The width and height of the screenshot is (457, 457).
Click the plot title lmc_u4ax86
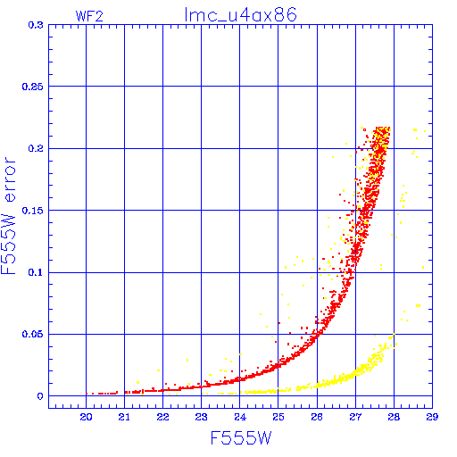(x=240, y=15)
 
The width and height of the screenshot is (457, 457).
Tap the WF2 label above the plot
(x=89, y=16)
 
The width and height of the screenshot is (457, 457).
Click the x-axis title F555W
(x=241, y=437)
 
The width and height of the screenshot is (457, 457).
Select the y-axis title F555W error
(x=8, y=215)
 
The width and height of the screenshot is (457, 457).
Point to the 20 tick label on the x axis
(x=86, y=417)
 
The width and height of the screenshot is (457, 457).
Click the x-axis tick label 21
(x=124, y=417)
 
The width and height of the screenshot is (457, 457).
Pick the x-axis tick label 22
(x=162, y=417)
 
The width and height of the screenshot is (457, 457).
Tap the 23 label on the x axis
(x=201, y=417)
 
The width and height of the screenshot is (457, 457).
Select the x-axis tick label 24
(x=240, y=417)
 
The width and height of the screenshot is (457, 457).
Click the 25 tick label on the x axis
(x=278, y=417)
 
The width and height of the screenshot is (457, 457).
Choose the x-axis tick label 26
(x=317, y=417)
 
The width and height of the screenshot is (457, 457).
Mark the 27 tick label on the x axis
(x=355, y=417)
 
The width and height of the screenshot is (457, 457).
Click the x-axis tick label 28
(x=394, y=417)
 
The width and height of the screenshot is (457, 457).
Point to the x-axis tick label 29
(x=432, y=417)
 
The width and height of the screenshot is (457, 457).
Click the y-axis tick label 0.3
(x=36, y=25)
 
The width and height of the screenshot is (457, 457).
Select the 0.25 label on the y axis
(x=33, y=87)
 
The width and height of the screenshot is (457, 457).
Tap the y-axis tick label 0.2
(x=36, y=148)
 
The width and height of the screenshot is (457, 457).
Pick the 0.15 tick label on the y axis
(x=33, y=211)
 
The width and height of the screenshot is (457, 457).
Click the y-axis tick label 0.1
(x=36, y=272)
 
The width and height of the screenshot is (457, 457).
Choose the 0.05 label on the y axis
(x=33, y=334)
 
